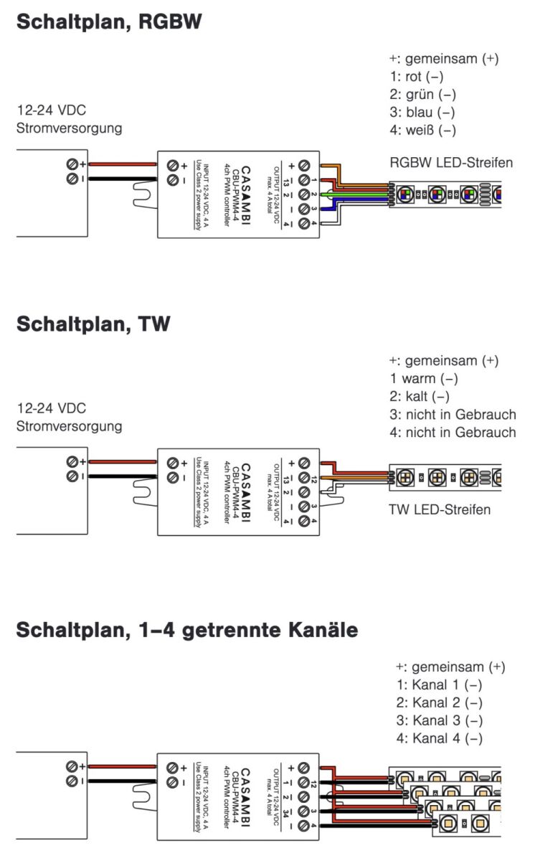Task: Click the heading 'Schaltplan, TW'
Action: click(x=93, y=324)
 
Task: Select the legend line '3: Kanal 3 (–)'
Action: click(x=439, y=720)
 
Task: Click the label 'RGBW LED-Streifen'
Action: click(x=451, y=163)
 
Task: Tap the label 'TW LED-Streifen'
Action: click(x=440, y=510)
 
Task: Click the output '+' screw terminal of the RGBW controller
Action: click(x=304, y=164)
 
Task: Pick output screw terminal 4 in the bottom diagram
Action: click(x=304, y=827)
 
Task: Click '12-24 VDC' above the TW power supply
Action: click(x=52, y=408)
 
